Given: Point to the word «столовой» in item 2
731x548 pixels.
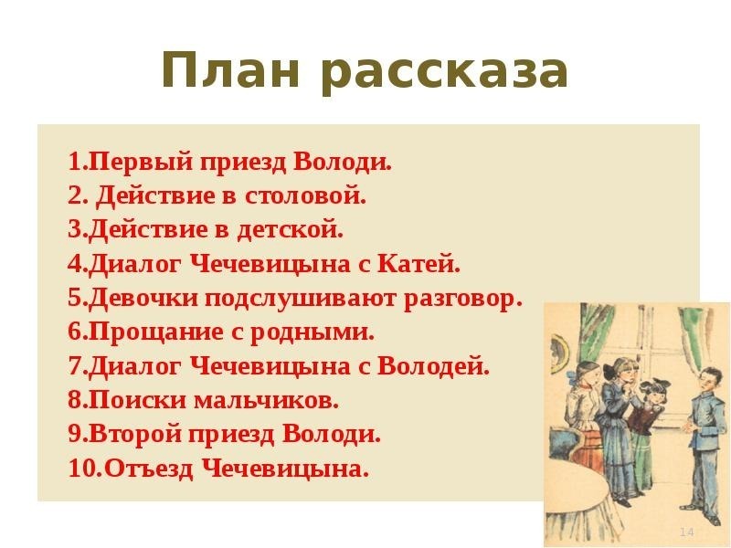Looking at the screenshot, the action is tap(305, 195).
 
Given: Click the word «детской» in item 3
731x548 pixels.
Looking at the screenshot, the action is tap(290, 230).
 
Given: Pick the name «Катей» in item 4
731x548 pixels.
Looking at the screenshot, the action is tap(418, 264).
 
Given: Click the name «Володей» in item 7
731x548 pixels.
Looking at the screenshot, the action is tap(433, 367).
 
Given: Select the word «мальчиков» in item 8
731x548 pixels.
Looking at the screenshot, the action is tap(266, 401).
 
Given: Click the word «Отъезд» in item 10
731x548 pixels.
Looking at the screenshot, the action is tap(148, 469).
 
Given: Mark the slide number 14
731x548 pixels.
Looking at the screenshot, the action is tap(687, 532).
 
